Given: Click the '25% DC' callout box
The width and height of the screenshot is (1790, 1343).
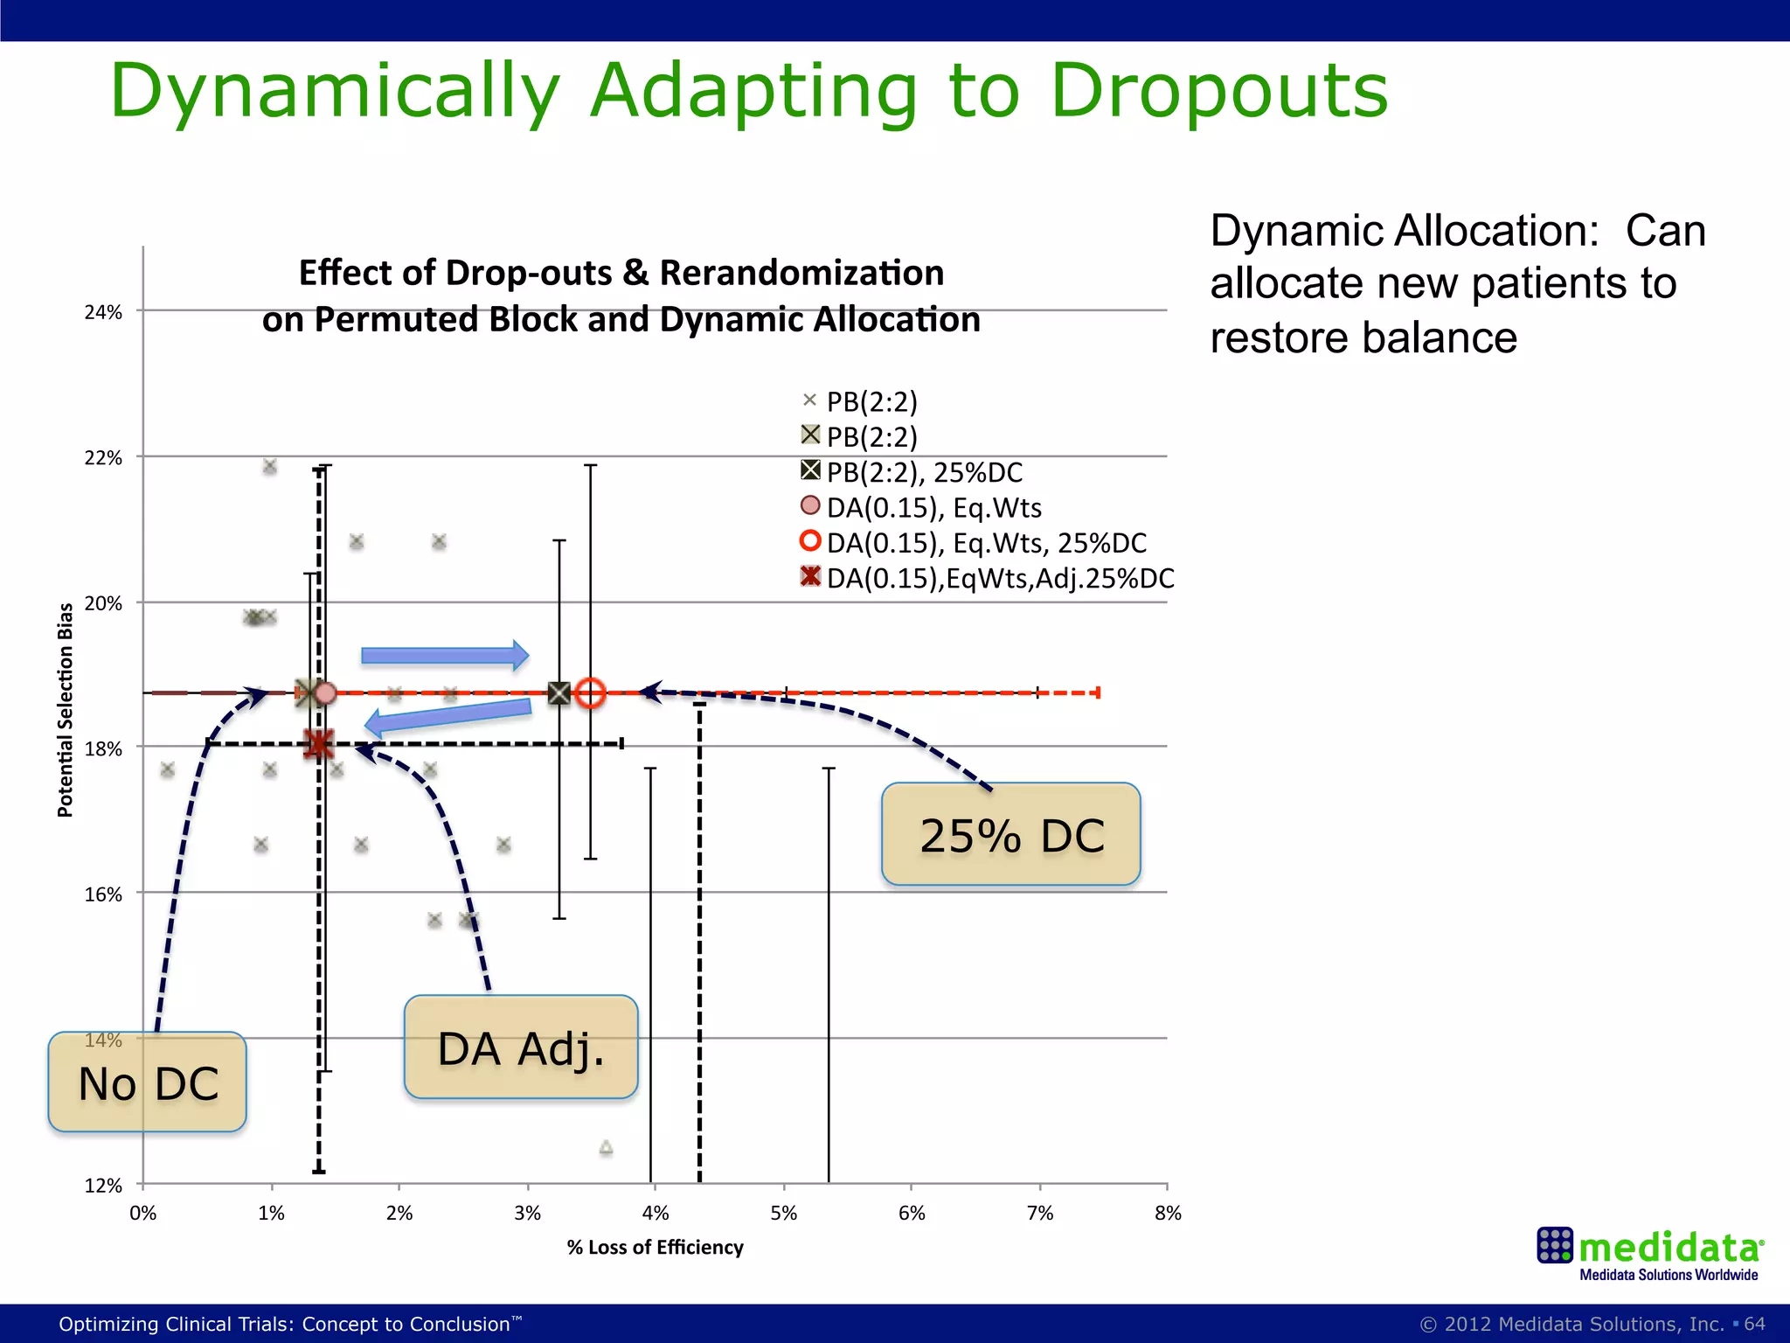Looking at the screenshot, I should point(1010,834).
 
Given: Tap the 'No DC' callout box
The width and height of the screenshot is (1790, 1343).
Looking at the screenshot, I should point(147,1082).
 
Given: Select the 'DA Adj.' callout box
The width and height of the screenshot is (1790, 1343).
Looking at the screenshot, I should point(521,1047).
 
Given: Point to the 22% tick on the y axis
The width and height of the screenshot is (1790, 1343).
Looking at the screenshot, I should point(103,458).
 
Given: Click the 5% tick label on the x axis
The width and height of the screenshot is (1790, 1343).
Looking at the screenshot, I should point(784,1214).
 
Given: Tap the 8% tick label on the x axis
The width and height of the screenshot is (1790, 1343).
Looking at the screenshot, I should point(1168,1214).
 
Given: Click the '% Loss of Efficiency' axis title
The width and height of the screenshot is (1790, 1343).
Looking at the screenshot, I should point(655,1248).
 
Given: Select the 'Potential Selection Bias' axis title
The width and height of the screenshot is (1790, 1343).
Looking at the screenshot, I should point(66,710).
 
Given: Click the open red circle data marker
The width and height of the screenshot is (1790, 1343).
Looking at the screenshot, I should point(591,693).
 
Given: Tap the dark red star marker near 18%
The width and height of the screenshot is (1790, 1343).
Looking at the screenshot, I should point(319,744).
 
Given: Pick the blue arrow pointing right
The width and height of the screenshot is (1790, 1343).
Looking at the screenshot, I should point(445,656).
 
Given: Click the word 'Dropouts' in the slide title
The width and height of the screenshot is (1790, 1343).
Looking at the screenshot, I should point(1218,91).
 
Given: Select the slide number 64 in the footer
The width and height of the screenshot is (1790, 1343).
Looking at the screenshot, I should point(1755,1324).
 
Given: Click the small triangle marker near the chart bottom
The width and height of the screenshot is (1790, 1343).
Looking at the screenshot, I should point(606,1147).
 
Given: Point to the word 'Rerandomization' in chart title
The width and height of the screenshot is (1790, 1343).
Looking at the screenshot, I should point(801,273).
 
